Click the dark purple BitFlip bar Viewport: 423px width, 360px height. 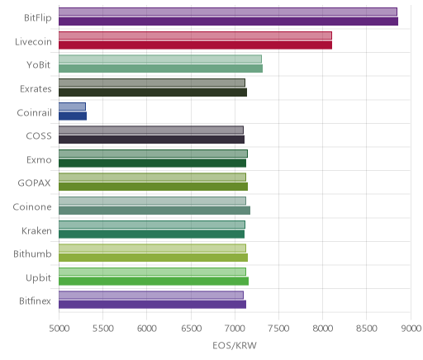tap(228, 21)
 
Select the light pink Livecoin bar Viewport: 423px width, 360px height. tap(195, 36)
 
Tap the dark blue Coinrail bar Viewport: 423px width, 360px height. tap(73, 116)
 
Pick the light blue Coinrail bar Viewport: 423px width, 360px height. tap(72, 107)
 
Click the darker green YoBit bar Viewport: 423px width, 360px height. tap(160, 69)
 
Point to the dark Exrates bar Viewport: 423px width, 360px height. tap(153, 92)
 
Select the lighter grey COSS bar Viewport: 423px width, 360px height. tap(151, 130)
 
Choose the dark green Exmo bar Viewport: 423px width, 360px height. tap(152, 163)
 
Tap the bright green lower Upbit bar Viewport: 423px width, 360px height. tap(154, 282)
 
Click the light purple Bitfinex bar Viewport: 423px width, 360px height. tap(151, 295)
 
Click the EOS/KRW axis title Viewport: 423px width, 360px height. tap(235, 345)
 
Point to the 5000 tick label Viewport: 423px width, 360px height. tap(59, 329)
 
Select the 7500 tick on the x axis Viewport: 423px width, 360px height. tap(278, 329)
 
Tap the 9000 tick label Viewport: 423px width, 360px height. tap(411, 329)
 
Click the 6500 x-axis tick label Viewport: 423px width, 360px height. tap(191, 329)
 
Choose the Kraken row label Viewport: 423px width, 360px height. tap(36, 230)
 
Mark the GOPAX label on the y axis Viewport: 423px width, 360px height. tap(35, 183)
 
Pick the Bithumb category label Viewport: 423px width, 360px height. tap(32, 253)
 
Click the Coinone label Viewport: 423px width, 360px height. tap(32, 207)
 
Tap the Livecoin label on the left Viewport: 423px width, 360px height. tap(33, 41)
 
